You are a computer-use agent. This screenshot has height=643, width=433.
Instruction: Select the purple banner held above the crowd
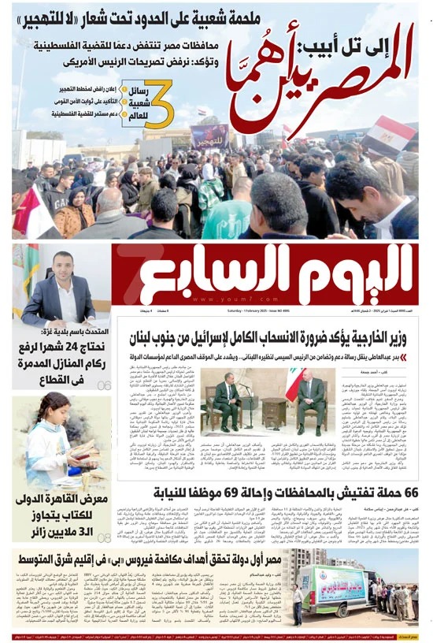[x=210, y=135]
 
